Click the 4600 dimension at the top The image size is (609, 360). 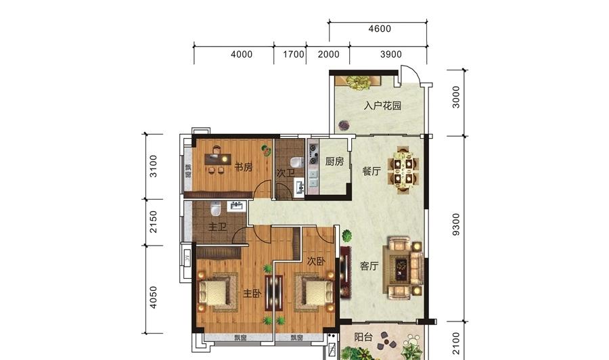[380, 28]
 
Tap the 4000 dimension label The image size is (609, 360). [242, 54]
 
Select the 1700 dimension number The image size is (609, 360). [293, 54]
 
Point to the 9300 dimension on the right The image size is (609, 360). [456, 224]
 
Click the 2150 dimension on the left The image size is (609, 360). [154, 222]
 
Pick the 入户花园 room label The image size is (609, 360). [382, 106]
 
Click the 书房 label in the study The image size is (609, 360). [244, 167]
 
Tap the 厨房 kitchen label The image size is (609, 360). [334, 161]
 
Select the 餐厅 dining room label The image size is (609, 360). [371, 171]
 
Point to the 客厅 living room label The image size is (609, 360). [369, 266]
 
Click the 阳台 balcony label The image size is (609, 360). [363, 337]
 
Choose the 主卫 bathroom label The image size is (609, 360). [217, 227]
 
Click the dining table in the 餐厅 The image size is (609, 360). [405, 171]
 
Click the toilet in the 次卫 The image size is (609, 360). [297, 162]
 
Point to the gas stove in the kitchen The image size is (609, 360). [313, 154]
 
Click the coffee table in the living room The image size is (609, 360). [401, 267]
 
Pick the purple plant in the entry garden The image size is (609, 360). [344, 125]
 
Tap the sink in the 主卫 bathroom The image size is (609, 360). [236, 206]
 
